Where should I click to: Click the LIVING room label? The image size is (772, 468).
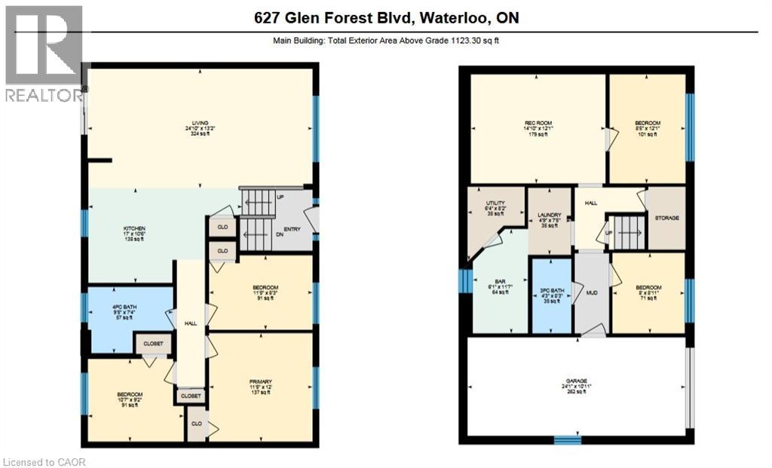point(200,123)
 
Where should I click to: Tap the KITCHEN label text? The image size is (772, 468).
point(134,228)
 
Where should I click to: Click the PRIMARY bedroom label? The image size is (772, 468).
point(261,382)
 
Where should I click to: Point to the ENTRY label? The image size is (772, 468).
point(292,229)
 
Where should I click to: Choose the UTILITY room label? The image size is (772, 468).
point(495,203)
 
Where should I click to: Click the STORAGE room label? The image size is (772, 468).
point(666,218)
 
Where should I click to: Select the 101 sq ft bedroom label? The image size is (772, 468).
point(648,124)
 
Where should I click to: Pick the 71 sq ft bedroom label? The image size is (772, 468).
point(648,288)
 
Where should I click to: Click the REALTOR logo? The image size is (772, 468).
point(43,53)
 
